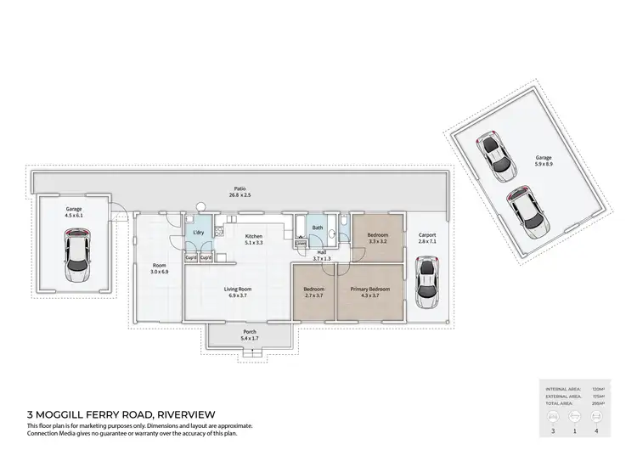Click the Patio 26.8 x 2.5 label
240,192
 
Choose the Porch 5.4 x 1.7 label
250,335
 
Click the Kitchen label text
254,239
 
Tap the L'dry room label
198,233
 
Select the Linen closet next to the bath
301,245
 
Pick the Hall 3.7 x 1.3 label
322,254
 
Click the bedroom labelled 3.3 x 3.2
377,238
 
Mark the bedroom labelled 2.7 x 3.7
313,292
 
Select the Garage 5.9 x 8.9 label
543,160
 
